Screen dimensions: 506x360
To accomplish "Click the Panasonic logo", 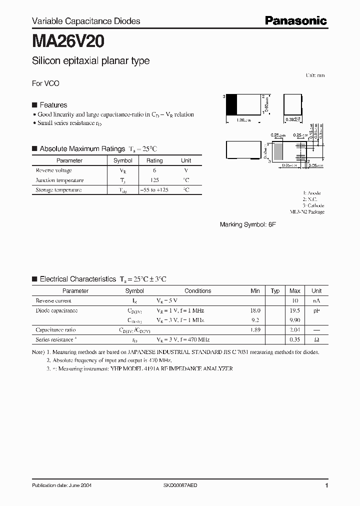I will point(295,20).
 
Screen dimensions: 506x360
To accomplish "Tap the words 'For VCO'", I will point(45,83).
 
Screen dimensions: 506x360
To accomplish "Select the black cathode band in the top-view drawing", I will point(231,105).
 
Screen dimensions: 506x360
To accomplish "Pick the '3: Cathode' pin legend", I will point(313,205).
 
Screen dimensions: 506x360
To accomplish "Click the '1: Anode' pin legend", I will point(312,193).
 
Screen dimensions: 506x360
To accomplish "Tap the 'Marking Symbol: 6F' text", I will point(247,225).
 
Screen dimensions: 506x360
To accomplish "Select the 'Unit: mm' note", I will point(315,75).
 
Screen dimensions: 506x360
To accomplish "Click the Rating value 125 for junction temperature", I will point(154,180).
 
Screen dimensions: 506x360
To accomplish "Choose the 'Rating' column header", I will point(154,160).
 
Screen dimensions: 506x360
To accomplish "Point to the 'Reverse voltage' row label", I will point(54,170).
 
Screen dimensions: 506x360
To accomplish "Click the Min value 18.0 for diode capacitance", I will point(255,310).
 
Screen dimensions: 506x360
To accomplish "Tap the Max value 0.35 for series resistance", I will point(295,339).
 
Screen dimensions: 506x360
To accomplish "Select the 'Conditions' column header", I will point(197,291).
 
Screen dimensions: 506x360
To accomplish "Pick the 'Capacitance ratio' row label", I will point(56,330).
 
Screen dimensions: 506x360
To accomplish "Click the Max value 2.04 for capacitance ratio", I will point(295,330).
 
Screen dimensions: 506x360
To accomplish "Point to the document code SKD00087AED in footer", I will point(180,485).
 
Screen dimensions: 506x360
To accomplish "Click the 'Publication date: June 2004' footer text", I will point(61,485).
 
